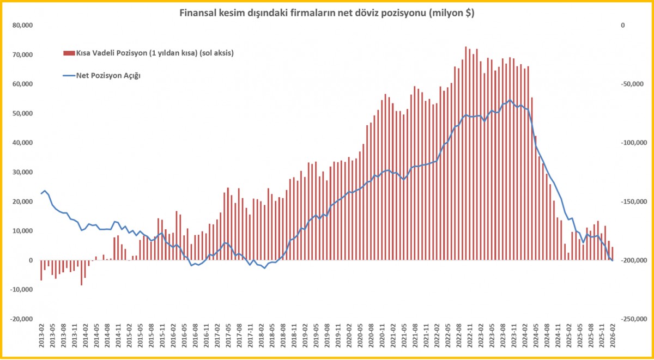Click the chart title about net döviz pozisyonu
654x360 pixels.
pos(327,14)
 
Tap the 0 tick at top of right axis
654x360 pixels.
pos(623,25)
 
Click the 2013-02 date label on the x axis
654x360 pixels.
pos(41,337)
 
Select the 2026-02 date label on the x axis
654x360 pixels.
pos(613,337)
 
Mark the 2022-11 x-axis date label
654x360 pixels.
pos(470,337)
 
